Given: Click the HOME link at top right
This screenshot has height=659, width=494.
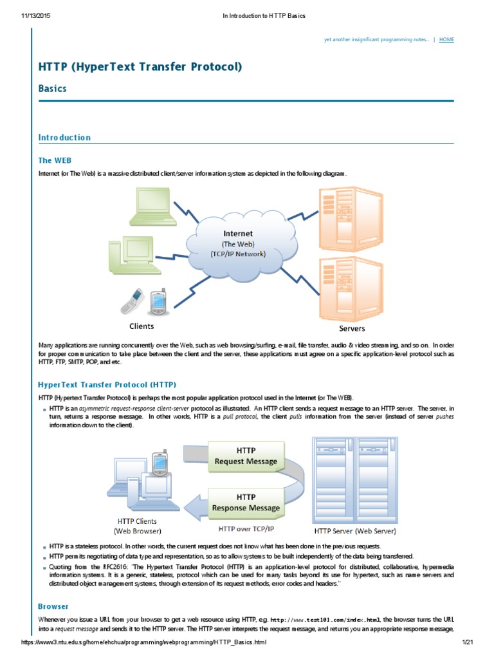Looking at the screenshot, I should (446, 40).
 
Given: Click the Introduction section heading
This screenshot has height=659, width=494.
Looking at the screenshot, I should (64, 138).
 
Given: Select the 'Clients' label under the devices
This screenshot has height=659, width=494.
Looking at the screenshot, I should (142, 326).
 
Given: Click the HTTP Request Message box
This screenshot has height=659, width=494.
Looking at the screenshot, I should (246, 456).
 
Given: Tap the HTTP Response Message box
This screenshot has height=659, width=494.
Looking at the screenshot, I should (246, 502).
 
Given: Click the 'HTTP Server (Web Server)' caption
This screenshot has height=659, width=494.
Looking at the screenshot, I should (355, 532).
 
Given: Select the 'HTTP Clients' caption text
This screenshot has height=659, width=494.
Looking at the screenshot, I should (137, 521).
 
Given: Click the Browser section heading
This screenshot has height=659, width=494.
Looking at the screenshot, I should (53, 606).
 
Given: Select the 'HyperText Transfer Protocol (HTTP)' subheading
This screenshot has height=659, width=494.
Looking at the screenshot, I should (107, 385).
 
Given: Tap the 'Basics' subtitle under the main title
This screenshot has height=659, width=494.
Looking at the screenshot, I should (52, 88).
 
